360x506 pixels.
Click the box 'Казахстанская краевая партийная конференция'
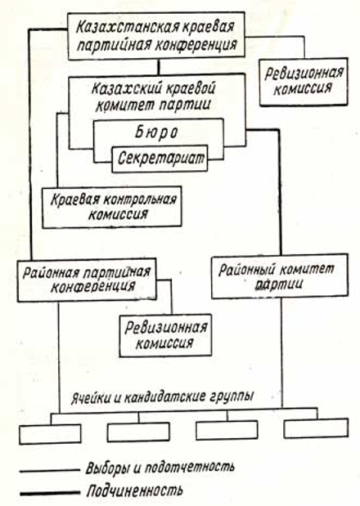click(x=156, y=36)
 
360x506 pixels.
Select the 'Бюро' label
click(x=156, y=132)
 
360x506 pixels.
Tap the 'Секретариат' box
click(x=160, y=159)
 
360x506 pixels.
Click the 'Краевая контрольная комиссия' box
click(x=112, y=207)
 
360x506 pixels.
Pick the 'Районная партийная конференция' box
click(x=87, y=280)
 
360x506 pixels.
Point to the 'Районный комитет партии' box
click(x=280, y=276)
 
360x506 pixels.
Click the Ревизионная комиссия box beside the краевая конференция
click(x=304, y=82)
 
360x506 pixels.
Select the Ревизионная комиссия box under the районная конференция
click(x=165, y=335)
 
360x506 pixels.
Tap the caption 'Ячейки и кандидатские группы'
click(x=162, y=396)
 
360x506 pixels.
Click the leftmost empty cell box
click(x=50, y=434)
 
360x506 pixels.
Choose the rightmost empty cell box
click(x=316, y=428)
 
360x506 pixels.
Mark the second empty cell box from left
click(x=138, y=432)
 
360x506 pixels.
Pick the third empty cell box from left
click(x=227, y=430)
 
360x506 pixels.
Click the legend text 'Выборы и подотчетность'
click(x=160, y=468)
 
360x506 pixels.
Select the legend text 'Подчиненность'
click(x=135, y=490)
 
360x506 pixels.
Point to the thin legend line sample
click(x=50, y=471)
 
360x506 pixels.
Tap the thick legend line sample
click(x=50, y=493)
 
